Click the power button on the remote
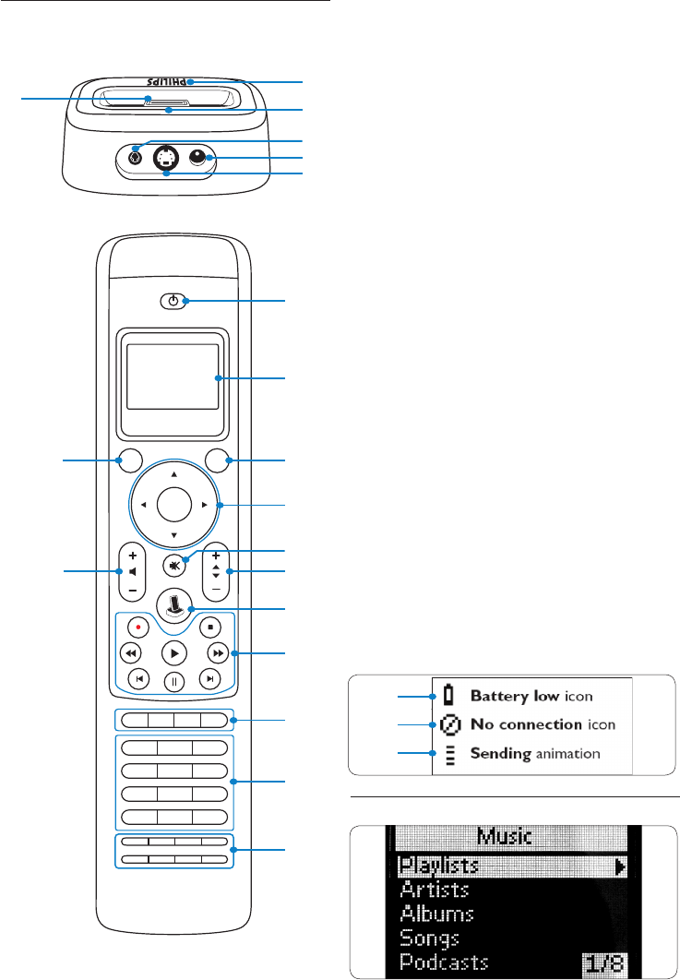174,300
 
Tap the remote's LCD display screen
173,376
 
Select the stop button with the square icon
210,627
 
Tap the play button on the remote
174,652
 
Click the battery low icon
449,695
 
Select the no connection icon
449,724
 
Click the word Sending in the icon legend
499,754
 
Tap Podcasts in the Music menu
444,963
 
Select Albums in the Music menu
436,914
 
